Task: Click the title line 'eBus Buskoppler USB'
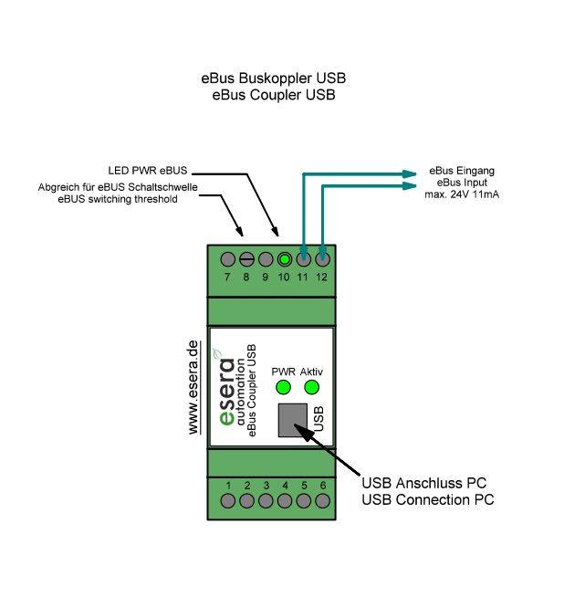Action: [x=273, y=79]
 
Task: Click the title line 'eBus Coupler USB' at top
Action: [x=273, y=94]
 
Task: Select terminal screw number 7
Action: [x=227, y=258]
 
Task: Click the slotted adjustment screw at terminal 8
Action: [x=246, y=258]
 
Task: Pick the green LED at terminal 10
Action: [x=285, y=258]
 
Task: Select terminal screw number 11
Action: [x=303, y=258]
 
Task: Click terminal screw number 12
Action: [x=322, y=258]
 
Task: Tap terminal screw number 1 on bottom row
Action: [x=227, y=500]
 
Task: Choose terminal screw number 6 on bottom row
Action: [x=322, y=500]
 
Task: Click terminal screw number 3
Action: [x=266, y=500]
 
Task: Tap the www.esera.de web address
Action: [x=193, y=388]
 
